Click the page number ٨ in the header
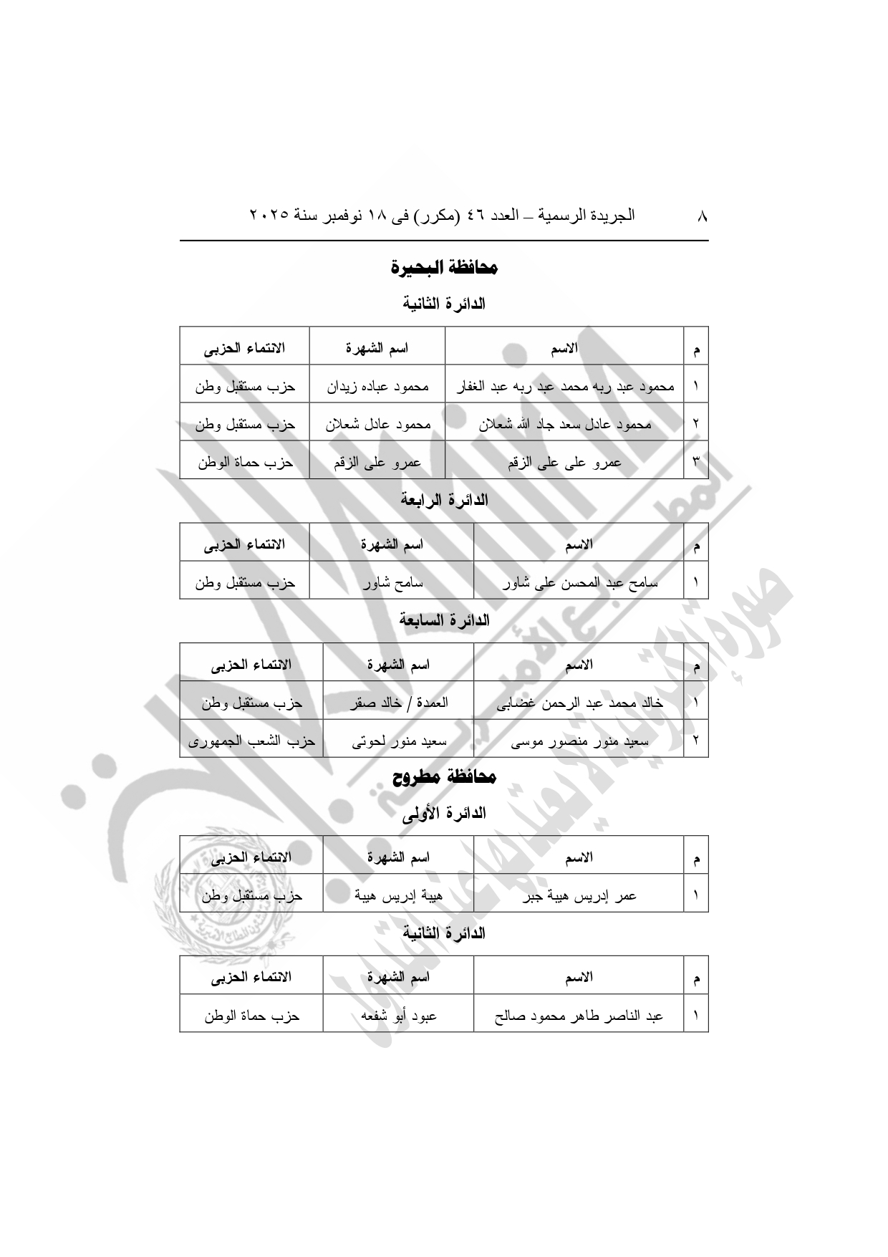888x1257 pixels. [701, 215]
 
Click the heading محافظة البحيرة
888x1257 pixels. [444, 268]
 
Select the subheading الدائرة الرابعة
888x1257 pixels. [444, 500]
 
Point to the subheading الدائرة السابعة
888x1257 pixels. [444, 620]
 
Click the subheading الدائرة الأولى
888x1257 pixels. [444, 813]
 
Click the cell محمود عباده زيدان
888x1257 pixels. [377, 387]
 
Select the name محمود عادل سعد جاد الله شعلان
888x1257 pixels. [565, 425]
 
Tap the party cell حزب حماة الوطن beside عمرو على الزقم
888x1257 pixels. [245, 463]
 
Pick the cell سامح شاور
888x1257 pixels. [392, 583]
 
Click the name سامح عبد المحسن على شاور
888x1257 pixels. [580, 583]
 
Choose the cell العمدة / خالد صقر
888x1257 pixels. [399, 703]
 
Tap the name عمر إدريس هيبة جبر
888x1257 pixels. [580, 895]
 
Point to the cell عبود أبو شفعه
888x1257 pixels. [399, 1016]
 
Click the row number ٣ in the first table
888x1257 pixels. [696, 463]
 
